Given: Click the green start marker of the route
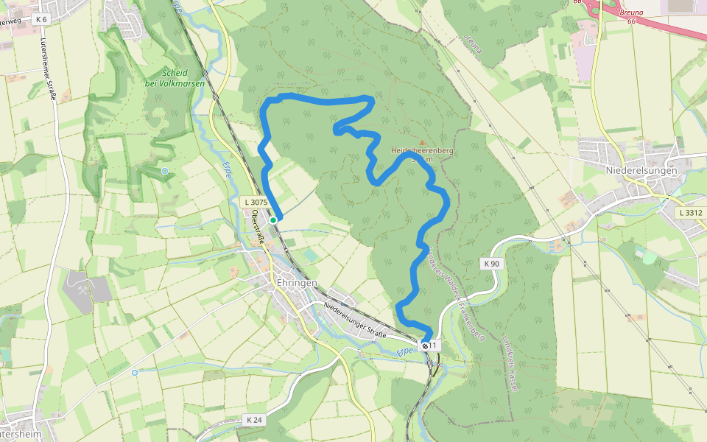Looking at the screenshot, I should [273, 220].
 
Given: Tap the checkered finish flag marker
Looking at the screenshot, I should [425, 345].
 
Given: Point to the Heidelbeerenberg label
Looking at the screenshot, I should [422, 150].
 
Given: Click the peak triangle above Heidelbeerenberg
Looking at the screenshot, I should [422, 142].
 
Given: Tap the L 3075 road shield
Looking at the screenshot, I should [256, 202].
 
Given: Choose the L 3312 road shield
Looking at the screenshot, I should [692, 213].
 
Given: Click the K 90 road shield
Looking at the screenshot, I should [492, 263].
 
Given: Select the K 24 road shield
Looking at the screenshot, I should [254, 420].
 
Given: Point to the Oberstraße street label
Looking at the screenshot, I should [258, 226].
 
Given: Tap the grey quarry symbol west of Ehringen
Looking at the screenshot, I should [79, 281].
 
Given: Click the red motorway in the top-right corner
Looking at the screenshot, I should [663, 26].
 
